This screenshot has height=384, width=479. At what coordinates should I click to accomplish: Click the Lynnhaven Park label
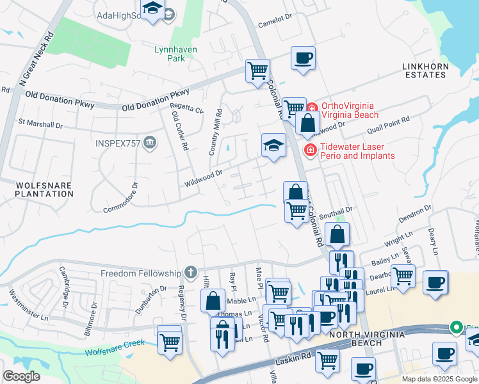tap(175, 54)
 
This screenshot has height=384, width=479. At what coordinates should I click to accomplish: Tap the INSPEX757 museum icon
tap(150, 141)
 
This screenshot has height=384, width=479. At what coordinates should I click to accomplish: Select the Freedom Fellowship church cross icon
tap(190, 273)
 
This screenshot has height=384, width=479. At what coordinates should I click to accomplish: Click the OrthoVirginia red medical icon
tap(312, 110)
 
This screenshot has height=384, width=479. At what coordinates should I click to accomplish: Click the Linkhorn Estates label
tap(424, 70)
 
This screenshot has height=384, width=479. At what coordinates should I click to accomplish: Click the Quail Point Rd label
tap(388, 120)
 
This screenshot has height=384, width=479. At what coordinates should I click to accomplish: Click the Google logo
tap(21, 376)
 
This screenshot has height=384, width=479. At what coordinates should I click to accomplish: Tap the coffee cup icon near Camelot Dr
tap(304, 58)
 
